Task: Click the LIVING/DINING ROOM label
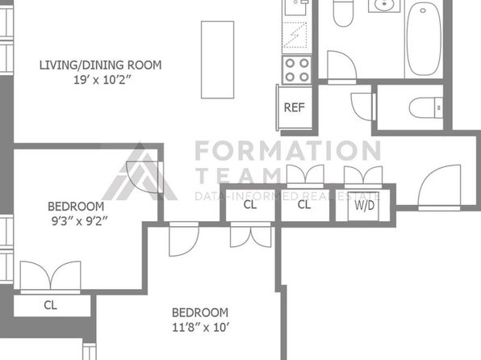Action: click(100, 65)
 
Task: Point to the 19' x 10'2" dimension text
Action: click(102, 80)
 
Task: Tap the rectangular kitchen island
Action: click(217, 60)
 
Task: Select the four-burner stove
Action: click(297, 70)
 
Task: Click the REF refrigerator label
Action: click(295, 107)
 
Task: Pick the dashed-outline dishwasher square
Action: click(295, 35)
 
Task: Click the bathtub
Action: click(424, 39)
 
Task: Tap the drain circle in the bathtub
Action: click(423, 10)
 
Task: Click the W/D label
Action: click(365, 205)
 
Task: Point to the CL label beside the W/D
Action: click(304, 204)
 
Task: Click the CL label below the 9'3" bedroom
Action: click(50, 305)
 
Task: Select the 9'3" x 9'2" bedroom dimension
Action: click(80, 221)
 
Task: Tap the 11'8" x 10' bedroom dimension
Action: click(201, 328)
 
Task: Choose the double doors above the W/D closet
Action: click(363, 175)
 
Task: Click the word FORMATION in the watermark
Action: click(288, 150)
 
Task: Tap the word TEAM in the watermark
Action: click(239, 175)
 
